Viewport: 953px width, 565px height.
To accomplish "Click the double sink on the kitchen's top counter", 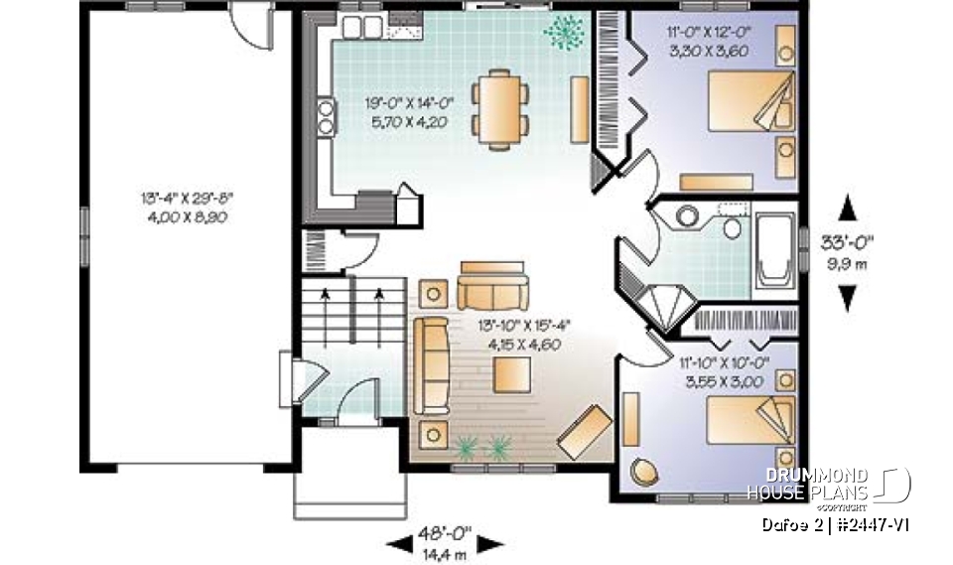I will [357, 27].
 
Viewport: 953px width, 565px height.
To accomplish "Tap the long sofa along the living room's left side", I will [431, 365].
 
